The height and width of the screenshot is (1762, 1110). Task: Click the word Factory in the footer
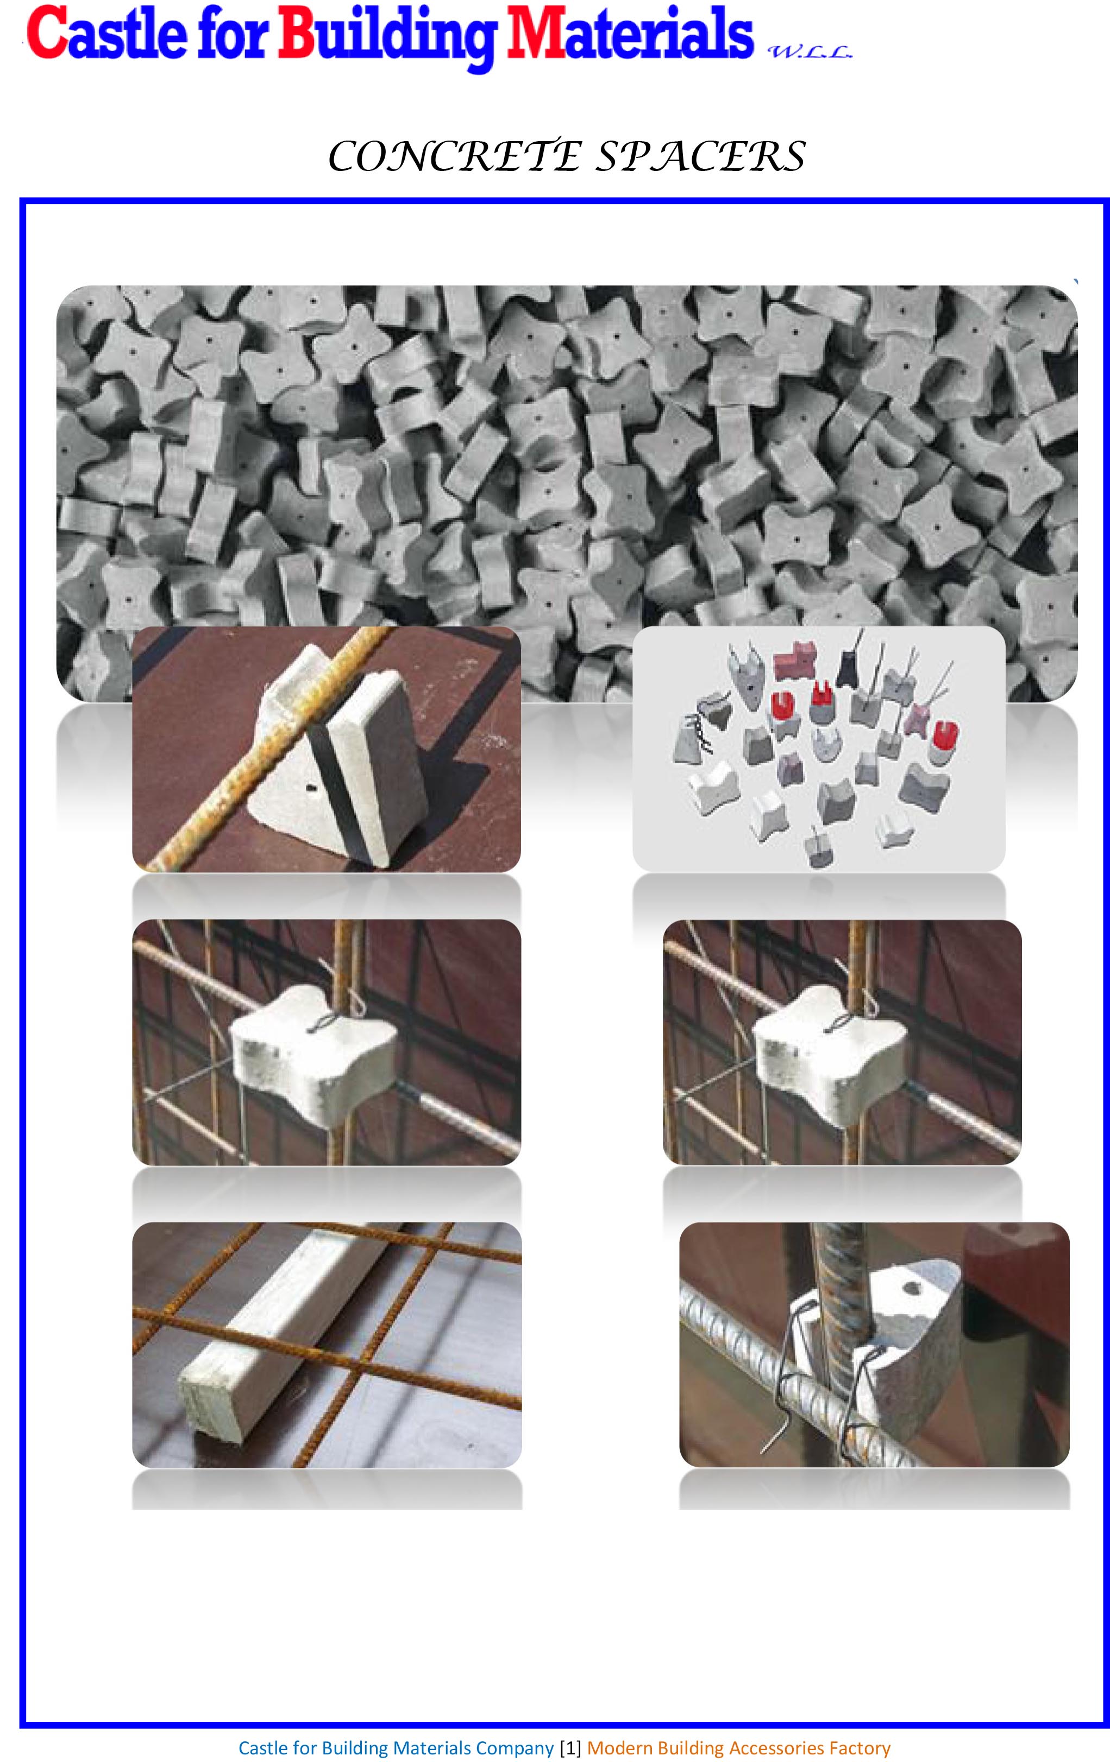(x=859, y=1747)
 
